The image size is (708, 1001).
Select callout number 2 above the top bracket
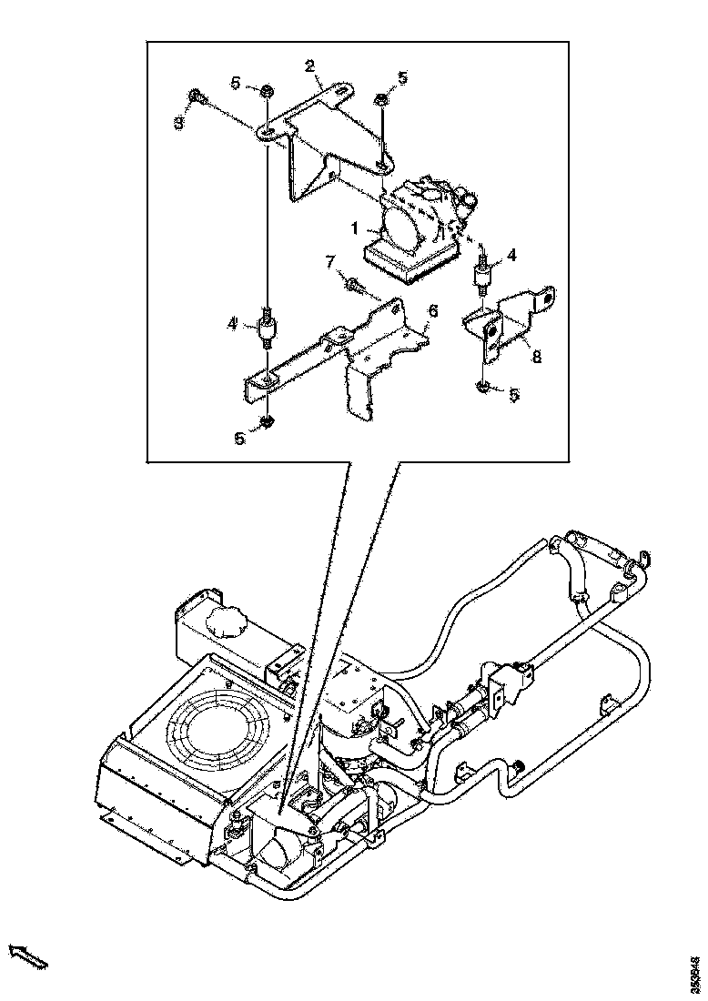309,65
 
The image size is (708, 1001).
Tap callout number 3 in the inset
179,122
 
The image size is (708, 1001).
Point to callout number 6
433,311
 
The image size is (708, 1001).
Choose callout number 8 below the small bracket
536,357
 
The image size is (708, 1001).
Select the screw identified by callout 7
353,286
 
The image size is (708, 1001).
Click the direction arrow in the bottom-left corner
27,955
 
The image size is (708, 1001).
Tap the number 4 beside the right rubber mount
511,257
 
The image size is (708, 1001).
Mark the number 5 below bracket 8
514,394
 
